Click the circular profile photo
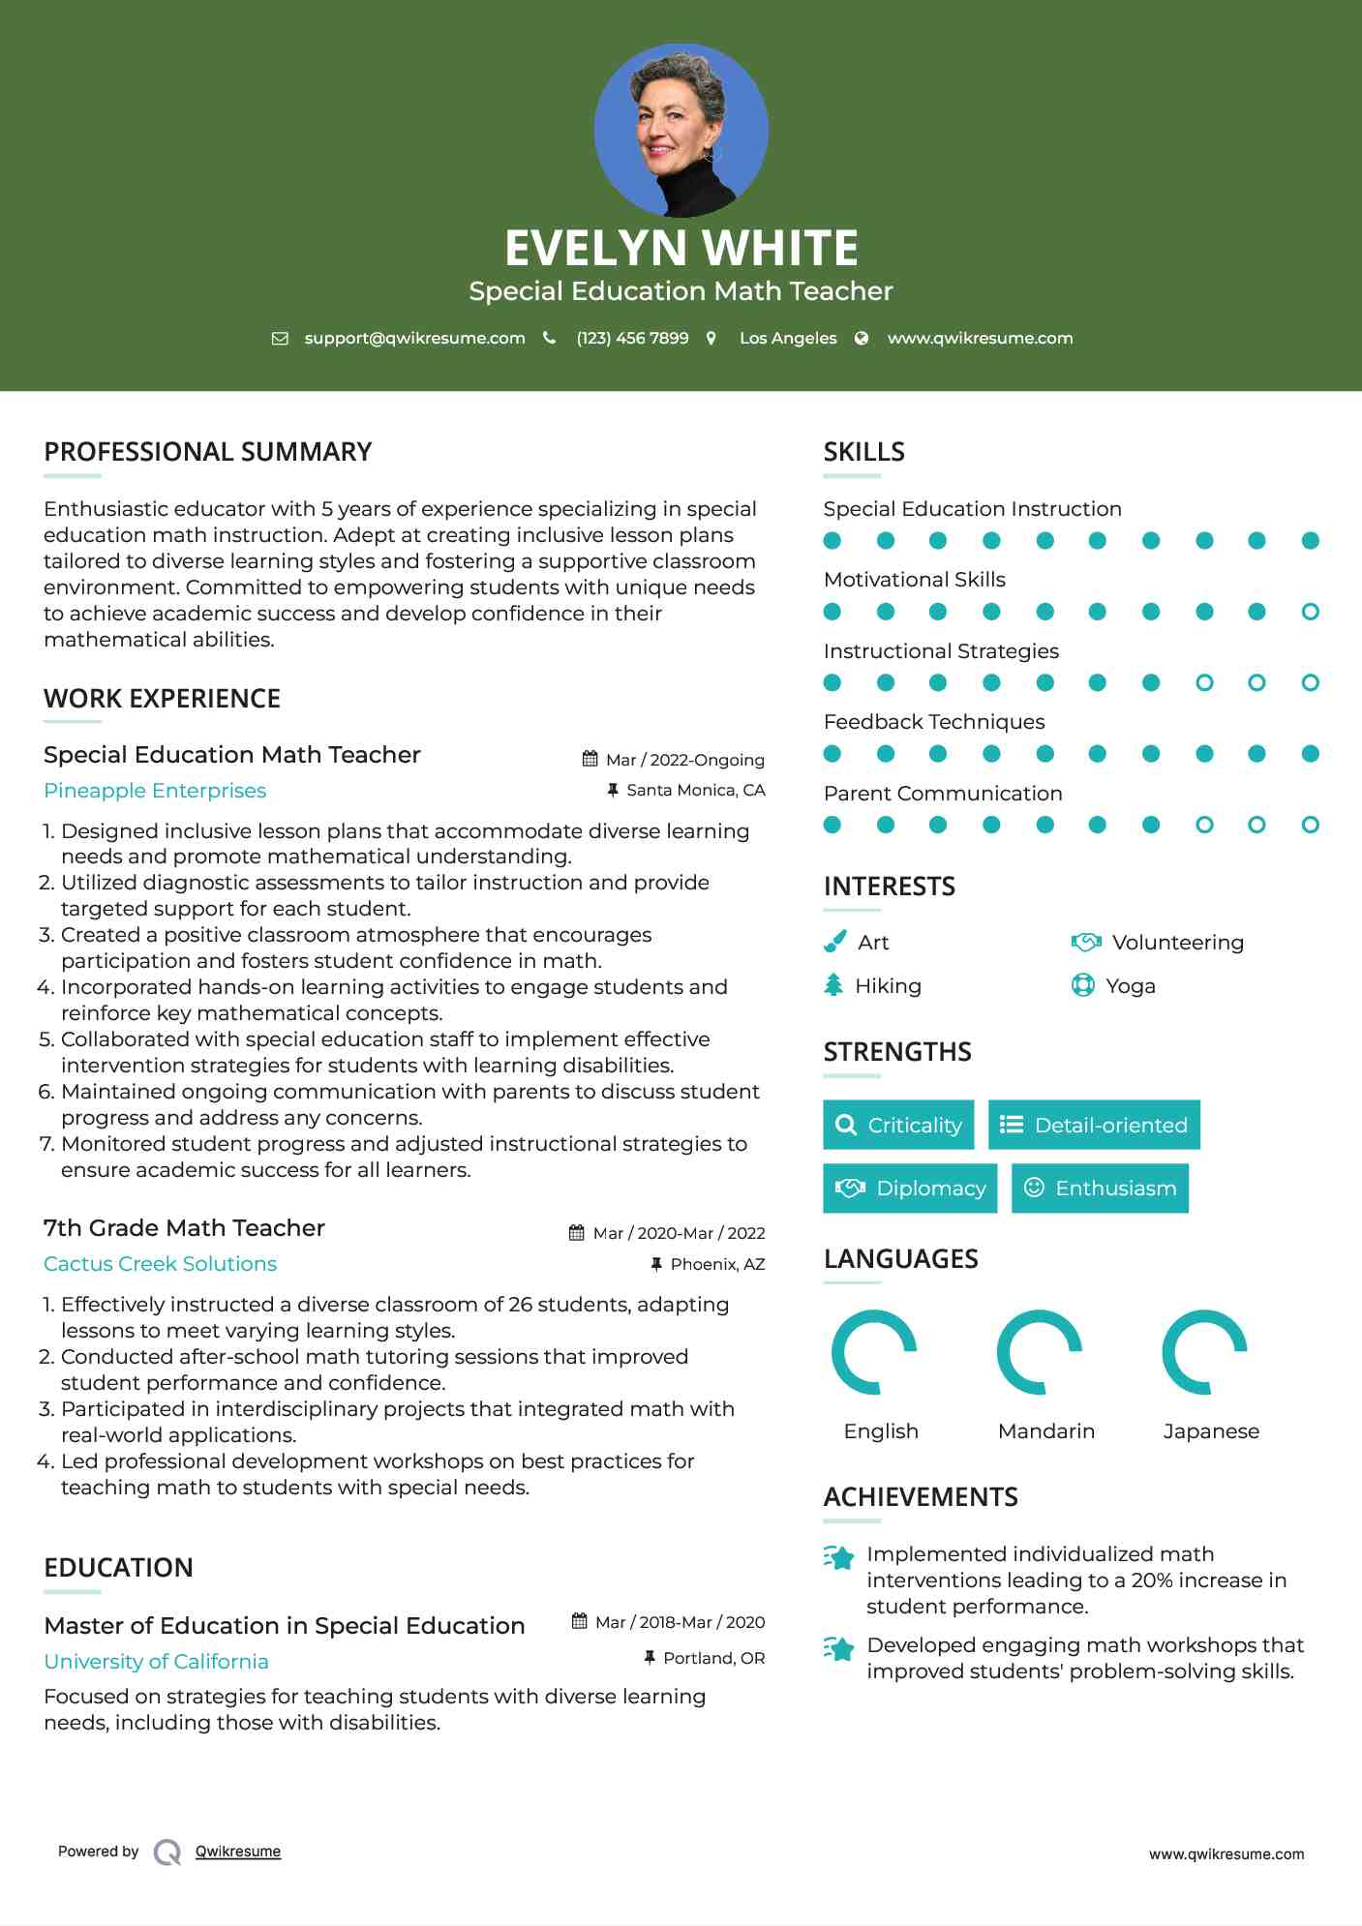681,130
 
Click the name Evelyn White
681,248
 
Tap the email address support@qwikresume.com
414,338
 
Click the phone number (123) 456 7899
632,338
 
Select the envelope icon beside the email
280,339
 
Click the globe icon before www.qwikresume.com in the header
862,338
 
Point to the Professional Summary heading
207,452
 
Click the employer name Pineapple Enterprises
155,791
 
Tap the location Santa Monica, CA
695,790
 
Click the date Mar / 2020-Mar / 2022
679,1233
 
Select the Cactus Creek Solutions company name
160,1264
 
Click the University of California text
156,1662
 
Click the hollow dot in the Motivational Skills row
1310,612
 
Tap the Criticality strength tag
898,1125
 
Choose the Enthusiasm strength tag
1100,1188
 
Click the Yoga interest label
1131,986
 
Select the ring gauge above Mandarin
1039,1352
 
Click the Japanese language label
1211,1431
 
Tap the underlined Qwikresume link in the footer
238,1851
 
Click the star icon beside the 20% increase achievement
839,1557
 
